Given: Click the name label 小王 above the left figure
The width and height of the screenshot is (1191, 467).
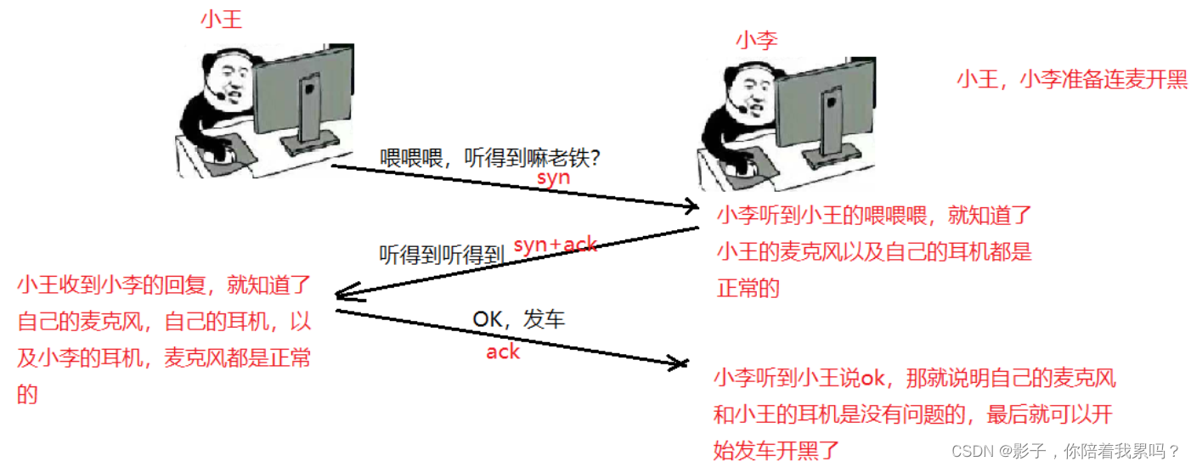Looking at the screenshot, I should (221, 20).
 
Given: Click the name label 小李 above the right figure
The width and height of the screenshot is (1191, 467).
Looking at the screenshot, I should (756, 39).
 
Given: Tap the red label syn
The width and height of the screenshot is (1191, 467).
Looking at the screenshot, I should (553, 178).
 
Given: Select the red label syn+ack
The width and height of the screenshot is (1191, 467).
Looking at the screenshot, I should (556, 245).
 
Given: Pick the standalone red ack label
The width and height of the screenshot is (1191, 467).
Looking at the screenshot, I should (503, 351).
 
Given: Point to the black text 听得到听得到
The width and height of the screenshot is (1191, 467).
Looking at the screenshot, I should (442, 253).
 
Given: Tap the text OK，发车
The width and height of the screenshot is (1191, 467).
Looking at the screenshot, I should (518, 320).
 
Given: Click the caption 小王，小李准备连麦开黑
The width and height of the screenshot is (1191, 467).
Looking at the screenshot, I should (1072, 80).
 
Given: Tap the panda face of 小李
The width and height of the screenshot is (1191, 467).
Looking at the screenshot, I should (744, 98).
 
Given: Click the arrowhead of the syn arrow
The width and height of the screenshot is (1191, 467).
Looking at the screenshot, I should (692, 206).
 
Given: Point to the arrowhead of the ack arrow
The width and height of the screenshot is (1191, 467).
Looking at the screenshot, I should (680, 364).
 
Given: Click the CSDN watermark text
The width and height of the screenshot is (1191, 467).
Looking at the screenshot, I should (1065, 450).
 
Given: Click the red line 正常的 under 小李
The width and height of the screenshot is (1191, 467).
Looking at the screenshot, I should (748, 288).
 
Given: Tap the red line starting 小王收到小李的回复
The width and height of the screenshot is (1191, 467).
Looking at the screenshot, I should (165, 285).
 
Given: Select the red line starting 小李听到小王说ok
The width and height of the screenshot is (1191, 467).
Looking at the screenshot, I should (914, 378).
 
